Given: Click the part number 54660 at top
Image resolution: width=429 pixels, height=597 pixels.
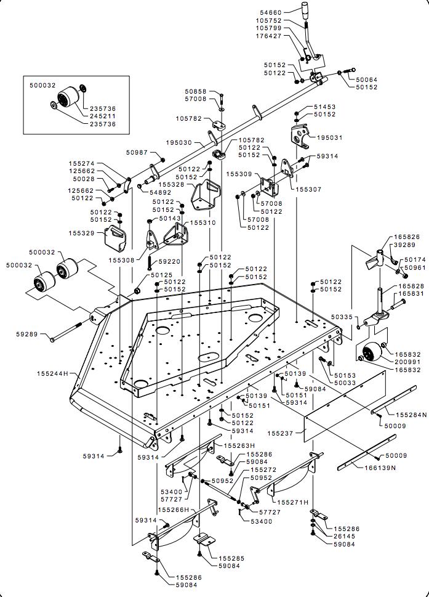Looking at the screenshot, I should tap(286, 12).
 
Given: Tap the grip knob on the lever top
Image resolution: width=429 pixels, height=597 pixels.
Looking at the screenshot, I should tap(305, 12).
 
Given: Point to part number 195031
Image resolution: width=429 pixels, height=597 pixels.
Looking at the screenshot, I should tap(329, 137).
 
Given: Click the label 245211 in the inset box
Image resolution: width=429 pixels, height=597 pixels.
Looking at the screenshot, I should tap(103, 115).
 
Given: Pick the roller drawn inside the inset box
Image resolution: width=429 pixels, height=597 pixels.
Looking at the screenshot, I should tap(67, 97).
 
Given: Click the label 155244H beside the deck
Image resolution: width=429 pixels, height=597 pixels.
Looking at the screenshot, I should tap(52, 373).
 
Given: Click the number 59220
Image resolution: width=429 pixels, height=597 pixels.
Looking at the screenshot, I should tap(167, 261).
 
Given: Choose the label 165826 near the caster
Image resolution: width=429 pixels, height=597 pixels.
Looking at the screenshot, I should tap(407, 237).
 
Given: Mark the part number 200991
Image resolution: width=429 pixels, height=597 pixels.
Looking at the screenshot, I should tap(407, 362).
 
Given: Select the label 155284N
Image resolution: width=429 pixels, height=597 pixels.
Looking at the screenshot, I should tap(410, 415).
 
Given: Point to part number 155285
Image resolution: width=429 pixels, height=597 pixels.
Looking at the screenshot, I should tap(231, 558).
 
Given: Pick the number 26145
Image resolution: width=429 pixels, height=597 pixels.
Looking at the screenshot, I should tap(346, 536).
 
